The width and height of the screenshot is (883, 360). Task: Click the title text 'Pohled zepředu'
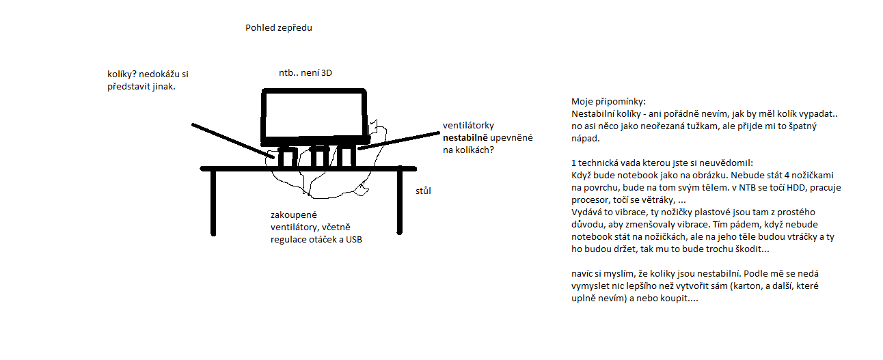(x=278, y=28)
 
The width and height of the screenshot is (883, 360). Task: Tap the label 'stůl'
(x=424, y=191)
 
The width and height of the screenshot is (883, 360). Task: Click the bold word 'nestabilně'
(x=465, y=138)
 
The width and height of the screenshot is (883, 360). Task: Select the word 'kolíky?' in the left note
(x=122, y=74)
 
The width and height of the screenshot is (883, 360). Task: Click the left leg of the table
(x=213, y=202)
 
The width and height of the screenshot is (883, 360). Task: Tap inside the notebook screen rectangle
(x=313, y=115)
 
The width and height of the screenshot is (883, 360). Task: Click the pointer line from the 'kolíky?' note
(x=232, y=142)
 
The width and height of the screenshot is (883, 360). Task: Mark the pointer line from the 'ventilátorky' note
(x=400, y=139)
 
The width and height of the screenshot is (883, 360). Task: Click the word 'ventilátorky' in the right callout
(x=468, y=126)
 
